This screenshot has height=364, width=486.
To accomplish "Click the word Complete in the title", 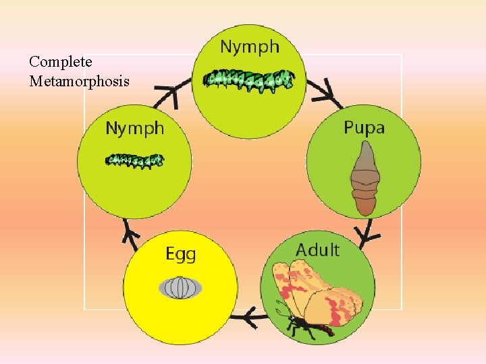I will click(61, 62).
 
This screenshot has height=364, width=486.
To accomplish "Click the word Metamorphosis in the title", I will click(79, 82).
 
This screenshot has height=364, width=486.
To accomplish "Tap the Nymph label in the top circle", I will click(250, 47).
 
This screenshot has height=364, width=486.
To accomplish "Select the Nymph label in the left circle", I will click(134, 127).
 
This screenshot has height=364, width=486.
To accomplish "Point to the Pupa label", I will click(364, 127).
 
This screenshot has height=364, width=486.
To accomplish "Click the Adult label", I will click(317, 249).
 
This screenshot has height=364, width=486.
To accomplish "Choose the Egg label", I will click(181, 254).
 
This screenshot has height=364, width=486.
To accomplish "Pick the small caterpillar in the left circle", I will click(134, 160).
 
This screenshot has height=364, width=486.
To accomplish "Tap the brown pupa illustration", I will click(364, 179).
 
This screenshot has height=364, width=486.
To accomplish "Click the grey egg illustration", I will click(180, 288).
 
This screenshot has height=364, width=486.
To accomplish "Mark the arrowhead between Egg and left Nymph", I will click(131, 233).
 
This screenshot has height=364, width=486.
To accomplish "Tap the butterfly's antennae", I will click(279, 313).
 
